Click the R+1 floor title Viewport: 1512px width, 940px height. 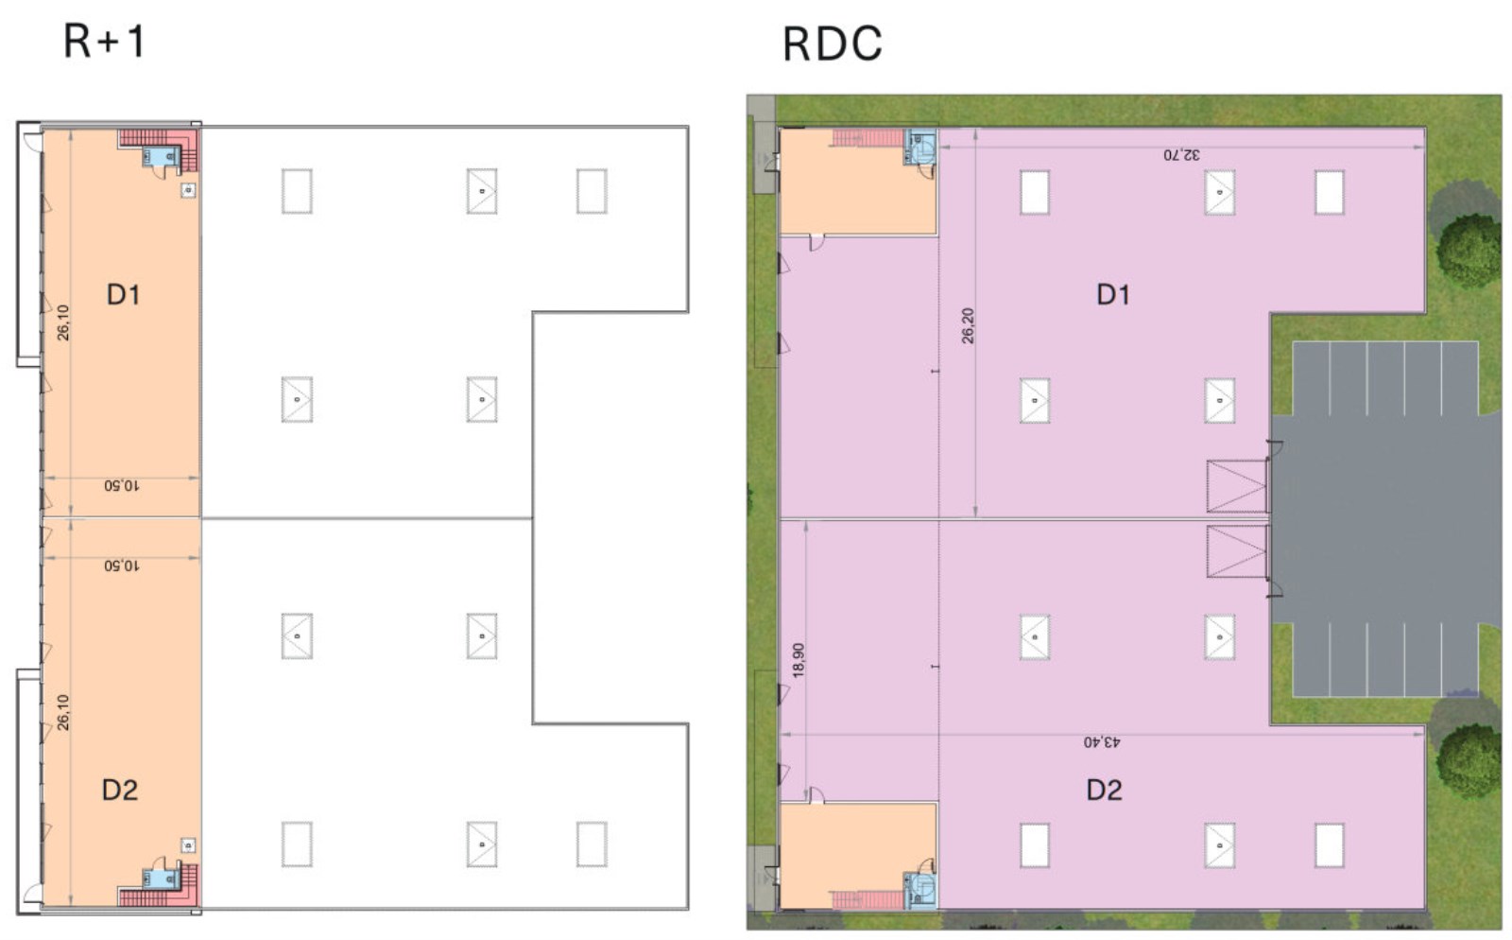(x=105, y=42)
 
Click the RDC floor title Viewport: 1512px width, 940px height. (x=833, y=44)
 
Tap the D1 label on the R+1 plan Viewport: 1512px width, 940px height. (x=124, y=294)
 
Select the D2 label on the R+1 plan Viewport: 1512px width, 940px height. (x=120, y=790)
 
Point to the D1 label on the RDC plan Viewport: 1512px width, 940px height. (x=1113, y=294)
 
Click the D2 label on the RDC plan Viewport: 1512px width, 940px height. (x=1105, y=790)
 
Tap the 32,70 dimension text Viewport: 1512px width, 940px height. (x=1181, y=155)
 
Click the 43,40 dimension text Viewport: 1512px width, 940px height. (x=1102, y=742)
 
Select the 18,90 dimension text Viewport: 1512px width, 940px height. (x=799, y=660)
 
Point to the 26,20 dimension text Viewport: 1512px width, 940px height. (x=968, y=325)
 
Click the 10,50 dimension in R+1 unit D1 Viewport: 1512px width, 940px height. (x=122, y=485)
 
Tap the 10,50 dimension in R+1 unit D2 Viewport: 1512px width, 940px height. (x=122, y=566)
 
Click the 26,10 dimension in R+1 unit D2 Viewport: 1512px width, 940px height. (x=62, y=712)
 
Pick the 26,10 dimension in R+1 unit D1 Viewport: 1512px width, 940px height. (x=62, y=322)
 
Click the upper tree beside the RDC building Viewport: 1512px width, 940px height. (x=1470, y=249)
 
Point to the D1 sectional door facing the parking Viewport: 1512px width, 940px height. (x=1237, y=486)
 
